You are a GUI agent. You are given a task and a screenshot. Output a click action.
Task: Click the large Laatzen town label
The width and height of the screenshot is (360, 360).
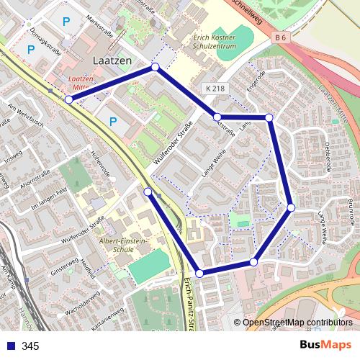click(113, 61)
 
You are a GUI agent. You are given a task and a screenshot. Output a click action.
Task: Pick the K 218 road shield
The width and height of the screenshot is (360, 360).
click(214, 88)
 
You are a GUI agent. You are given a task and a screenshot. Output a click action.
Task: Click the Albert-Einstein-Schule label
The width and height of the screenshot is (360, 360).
click(123, 245)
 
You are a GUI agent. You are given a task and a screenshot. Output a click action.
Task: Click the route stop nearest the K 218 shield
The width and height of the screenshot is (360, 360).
click(217, 117)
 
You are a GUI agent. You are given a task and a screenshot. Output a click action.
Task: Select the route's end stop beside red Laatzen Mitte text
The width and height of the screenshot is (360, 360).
click(68, 100)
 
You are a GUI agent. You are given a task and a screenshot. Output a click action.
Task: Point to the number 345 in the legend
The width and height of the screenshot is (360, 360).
click(30, 346)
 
